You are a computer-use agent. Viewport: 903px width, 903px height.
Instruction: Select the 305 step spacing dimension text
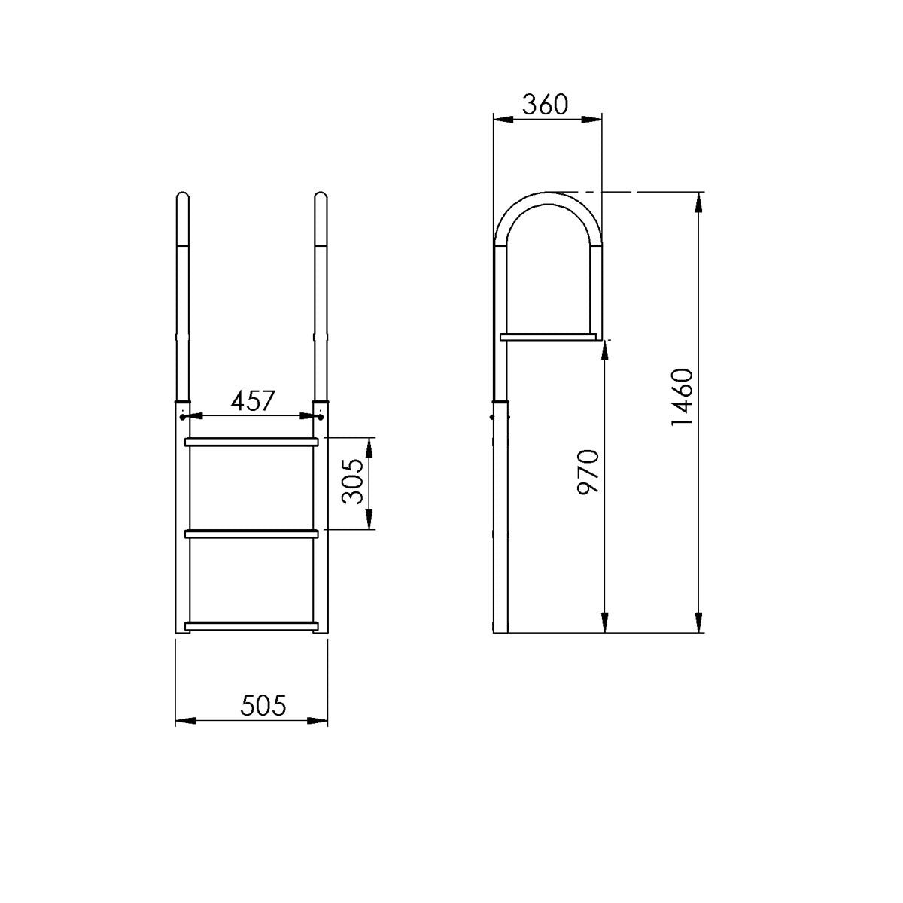(x=352, y=484)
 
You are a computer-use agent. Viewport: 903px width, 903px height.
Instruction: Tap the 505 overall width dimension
(x=263, y=706)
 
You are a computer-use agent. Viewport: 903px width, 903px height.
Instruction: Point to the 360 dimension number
(x=546, y=105)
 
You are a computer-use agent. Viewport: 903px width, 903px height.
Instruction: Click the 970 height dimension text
(x=587, y=472)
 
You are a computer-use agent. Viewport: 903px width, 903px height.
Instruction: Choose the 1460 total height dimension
(x=681, y=399)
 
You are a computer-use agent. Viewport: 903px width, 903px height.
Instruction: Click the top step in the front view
(x=252, y=442)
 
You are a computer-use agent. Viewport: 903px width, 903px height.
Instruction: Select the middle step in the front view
(x=252, y=534)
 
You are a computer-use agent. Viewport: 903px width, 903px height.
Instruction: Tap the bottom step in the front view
(x=252, y=625)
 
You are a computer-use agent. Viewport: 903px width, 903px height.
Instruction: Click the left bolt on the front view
(x=183, y=415)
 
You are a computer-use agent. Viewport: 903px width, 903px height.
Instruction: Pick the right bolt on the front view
(x=321, y=415)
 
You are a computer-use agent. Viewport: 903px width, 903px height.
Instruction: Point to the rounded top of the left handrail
(x=182, y=198)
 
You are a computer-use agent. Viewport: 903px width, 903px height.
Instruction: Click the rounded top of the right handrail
(x=321, y=198)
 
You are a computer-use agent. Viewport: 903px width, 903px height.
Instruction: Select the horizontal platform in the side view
(x=549, y=336)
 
